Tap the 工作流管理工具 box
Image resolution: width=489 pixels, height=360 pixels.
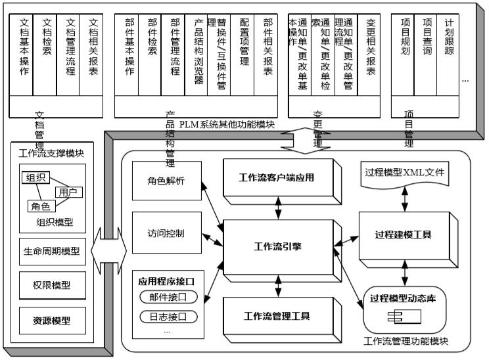pos(276,315)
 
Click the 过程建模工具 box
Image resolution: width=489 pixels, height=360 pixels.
pos(403,235)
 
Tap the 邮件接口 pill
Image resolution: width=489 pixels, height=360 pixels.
pos(169,297)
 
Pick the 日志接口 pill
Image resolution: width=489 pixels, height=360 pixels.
pos(169,317)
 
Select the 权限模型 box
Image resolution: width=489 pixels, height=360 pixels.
pos(53,285)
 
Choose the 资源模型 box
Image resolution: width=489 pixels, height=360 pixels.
pos(53,321)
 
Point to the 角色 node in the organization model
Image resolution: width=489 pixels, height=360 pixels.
pos(39,206)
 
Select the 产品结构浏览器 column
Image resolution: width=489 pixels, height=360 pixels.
pos(198,56)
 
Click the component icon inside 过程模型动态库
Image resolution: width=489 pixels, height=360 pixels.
pos(396,317)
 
